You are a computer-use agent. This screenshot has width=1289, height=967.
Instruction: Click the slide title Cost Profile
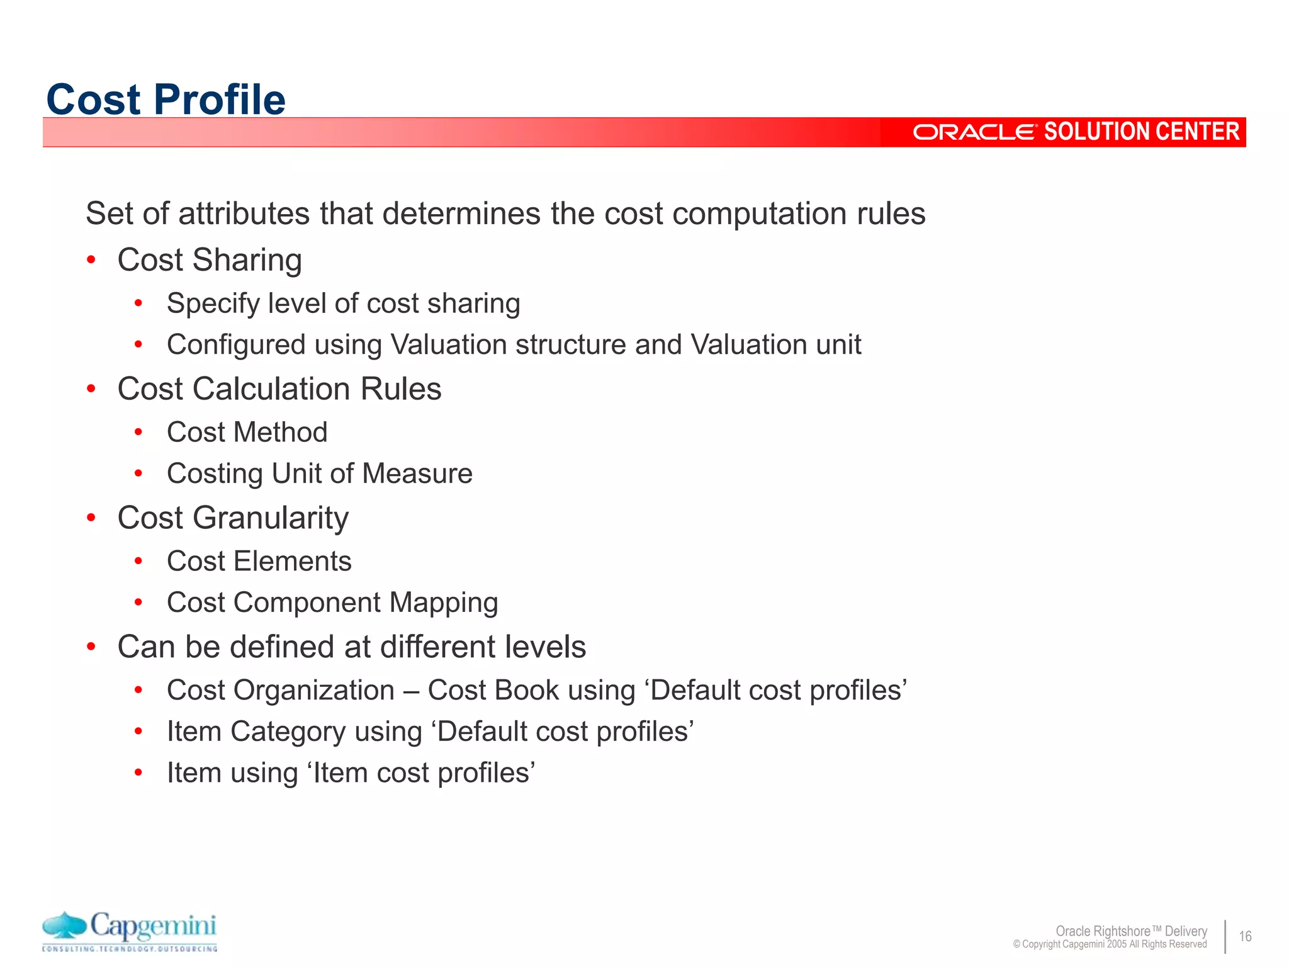coord(166,99)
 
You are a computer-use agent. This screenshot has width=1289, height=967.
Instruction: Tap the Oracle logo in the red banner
coord(974,132)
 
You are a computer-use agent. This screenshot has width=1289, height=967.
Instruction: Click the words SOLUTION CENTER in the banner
coord(1142,132)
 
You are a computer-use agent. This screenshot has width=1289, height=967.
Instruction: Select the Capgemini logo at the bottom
coord(130,931)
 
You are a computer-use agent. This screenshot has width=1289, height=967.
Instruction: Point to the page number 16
coord(1245,936)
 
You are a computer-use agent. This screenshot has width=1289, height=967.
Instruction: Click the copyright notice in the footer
coord(1110,944)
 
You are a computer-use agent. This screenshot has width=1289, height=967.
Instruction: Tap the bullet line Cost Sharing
coord(210,260)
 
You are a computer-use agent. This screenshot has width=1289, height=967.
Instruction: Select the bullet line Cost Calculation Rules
coord(279,389)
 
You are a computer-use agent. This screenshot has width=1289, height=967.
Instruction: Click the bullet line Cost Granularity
coord(233,518)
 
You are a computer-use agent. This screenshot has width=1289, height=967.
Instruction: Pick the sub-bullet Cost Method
coord(247,433)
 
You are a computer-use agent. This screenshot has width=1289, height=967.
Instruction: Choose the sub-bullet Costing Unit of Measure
coord(319,473)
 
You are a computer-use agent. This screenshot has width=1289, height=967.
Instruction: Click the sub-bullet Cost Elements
coord(259,562)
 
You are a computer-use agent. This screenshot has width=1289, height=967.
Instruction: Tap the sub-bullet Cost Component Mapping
coord(332,602)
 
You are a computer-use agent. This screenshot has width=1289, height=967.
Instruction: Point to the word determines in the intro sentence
coord(461,213)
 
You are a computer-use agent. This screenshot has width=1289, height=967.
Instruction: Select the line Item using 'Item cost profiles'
coord(351,773)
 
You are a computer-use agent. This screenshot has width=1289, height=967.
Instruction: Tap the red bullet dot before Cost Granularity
coord(91,518)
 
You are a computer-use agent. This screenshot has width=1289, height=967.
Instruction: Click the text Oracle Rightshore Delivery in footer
coord(1131,931)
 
